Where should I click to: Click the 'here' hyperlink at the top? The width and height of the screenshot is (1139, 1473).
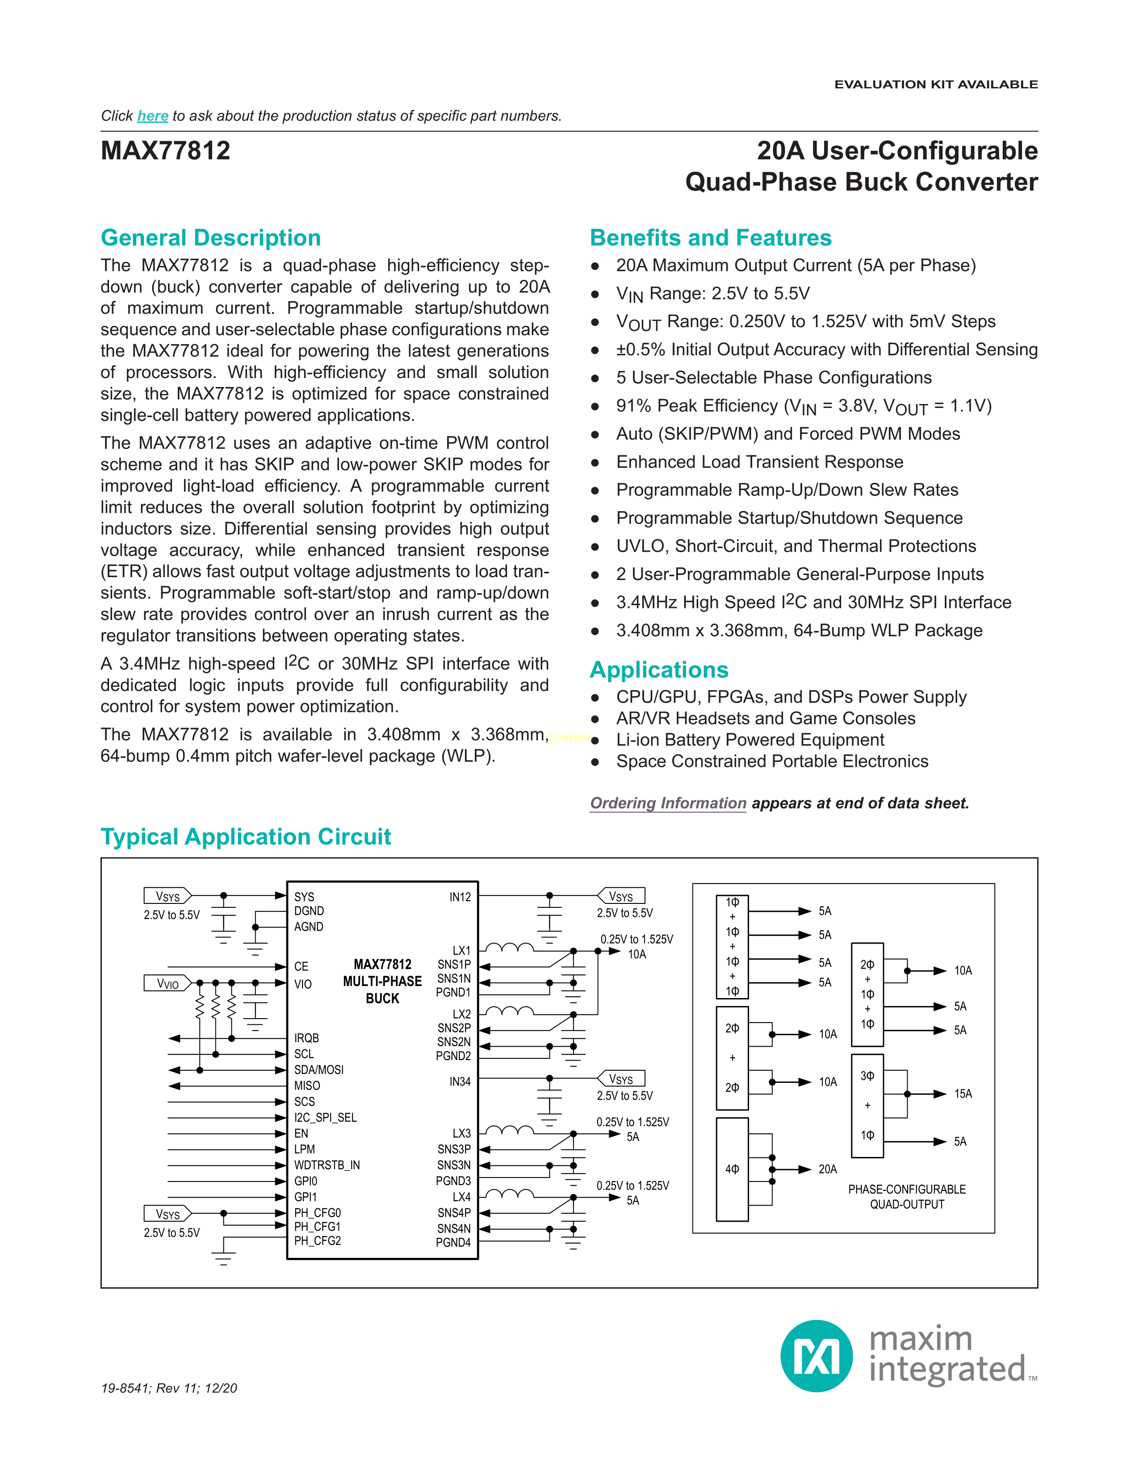pos(152,116)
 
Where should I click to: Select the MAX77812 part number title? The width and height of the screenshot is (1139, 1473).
pos(165,150)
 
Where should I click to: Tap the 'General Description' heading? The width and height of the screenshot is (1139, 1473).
pos(210,238)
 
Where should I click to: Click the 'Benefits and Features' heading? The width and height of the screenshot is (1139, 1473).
pos(711,238)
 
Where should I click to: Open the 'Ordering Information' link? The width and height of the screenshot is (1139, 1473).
pos(668,803)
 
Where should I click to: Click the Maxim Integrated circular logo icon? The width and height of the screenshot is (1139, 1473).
pos(817,1356)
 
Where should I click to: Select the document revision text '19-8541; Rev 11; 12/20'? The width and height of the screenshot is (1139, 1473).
pos(169,1388)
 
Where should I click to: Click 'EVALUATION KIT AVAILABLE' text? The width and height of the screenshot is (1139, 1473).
pos(936,84)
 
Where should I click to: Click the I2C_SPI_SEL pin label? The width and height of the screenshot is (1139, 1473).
pos(325,1118)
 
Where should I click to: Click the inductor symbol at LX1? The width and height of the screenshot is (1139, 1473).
pos(510,948)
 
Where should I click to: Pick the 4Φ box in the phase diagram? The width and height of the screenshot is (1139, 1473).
pos(732,1169)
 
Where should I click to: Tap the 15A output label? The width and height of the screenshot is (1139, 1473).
pos(963,1094)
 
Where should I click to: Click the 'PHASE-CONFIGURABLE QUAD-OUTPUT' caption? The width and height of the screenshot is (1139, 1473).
pos(907,1196)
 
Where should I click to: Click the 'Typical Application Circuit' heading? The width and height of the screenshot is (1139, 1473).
pos(246,837)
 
